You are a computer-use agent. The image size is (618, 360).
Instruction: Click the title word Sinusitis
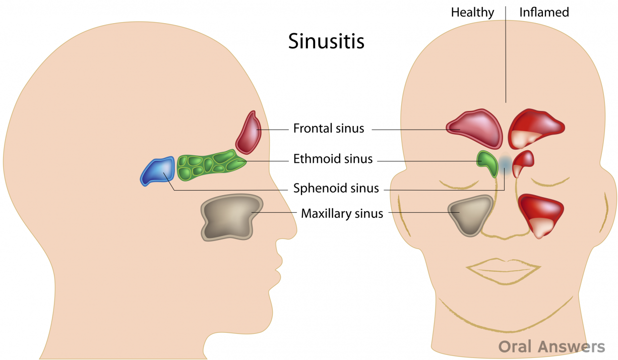pyautogui.click(x=326, y=41)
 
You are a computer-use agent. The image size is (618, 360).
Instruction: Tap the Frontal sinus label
pyautogui.click(x=329, y=129)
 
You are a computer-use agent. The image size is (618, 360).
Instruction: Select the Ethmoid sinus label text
pyautogui.click(x=333, y=159)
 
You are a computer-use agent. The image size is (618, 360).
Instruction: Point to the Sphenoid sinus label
pyautogui.click(x=336, y=189)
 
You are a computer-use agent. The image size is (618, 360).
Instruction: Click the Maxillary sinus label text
pyautogui.click(x=342, y=214)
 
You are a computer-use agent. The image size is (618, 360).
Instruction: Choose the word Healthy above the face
pyautogui.click(x=472, y=12)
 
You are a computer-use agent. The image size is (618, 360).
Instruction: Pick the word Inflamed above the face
pyautogui.click(x=544, y=12)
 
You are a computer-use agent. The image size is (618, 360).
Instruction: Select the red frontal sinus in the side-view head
pyautogui.click(x=248, y=133)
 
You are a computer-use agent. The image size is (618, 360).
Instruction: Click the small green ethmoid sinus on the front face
pyautogui.click(x=486, y=163)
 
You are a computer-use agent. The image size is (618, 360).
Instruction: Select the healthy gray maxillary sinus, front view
pyautogui.click(x=470, y=214)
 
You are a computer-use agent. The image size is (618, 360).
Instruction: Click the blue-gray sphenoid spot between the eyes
pyautogui.click(x=505, y=162)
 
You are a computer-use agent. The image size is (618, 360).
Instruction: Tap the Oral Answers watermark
pyautogui.click(x=551, y=346)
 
